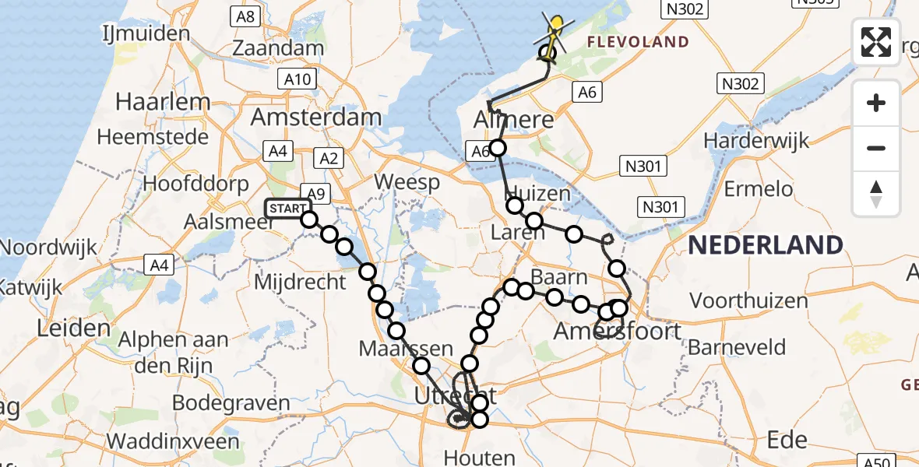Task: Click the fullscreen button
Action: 876,42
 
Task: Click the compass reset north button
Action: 876,194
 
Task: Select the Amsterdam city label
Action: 316,118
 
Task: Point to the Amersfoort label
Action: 617,332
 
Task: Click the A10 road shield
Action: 298,79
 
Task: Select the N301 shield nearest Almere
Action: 643,165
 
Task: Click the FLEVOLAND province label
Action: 638,42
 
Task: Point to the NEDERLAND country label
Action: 766,245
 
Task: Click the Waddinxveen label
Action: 173,441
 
